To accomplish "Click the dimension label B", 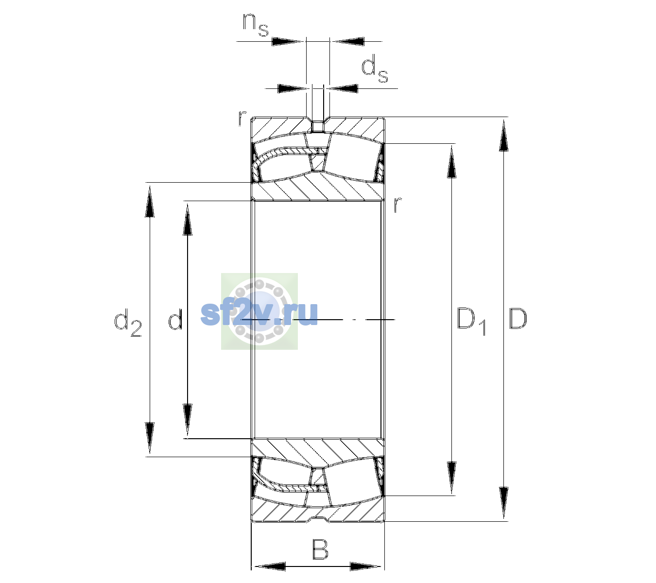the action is point(320,549).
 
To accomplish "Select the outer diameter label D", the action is point(518,319).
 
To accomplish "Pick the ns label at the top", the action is point(256,25).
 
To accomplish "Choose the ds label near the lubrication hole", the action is point(375,69).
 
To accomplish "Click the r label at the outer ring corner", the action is point(242,118).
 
